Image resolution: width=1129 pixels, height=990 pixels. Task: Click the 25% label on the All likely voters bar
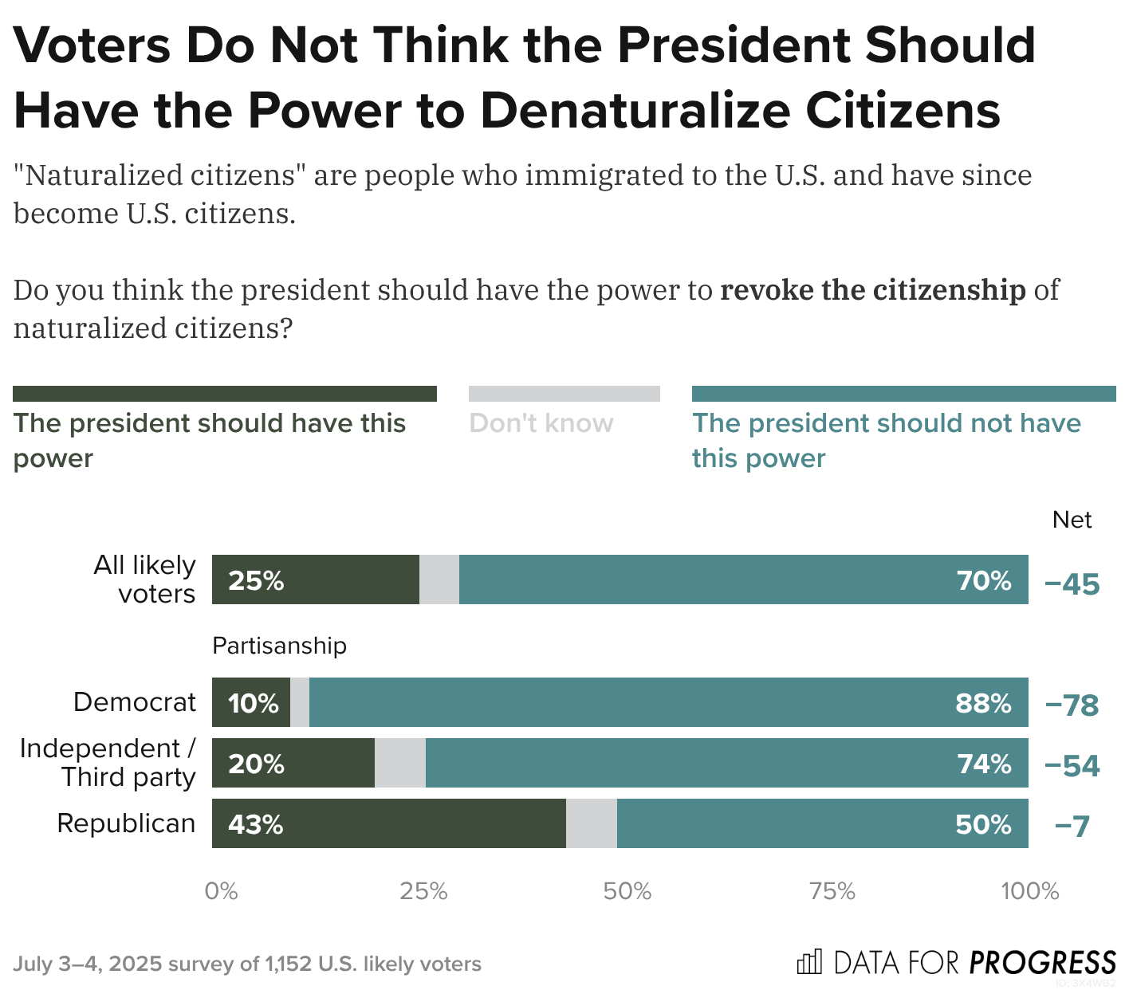tap(256, 580)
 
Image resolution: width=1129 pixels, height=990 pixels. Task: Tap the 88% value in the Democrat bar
tap(983, 703)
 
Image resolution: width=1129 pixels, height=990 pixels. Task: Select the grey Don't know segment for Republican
tap(591, 823)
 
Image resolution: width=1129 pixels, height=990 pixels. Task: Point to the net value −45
tap(1072, 584)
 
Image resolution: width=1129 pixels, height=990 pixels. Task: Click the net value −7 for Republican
tap(1072, 827)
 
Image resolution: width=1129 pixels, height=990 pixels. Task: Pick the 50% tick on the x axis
tap(627, 891)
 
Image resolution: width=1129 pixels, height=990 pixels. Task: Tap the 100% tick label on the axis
tap(1029, 891)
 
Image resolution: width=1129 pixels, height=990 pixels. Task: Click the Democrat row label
tap(134, 701)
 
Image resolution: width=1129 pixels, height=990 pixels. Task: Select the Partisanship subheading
tap(279, 645)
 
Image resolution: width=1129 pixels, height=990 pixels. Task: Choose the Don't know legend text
tap(541, 423)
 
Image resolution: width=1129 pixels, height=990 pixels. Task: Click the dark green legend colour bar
tap(225, 394)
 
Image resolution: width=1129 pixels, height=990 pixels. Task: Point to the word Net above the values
tap(1072, 520)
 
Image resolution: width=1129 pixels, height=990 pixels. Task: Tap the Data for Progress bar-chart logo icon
tap(808, 962)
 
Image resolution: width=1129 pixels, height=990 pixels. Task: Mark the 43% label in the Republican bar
tap(255, 824)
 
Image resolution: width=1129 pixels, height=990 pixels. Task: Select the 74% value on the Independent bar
tap(984, 764)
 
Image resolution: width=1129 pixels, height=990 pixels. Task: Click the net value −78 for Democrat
tap(1072, 705)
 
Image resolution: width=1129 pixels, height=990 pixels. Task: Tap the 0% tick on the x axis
tap(221, 891)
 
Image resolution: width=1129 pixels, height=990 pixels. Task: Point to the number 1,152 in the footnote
tap(288, 964)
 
